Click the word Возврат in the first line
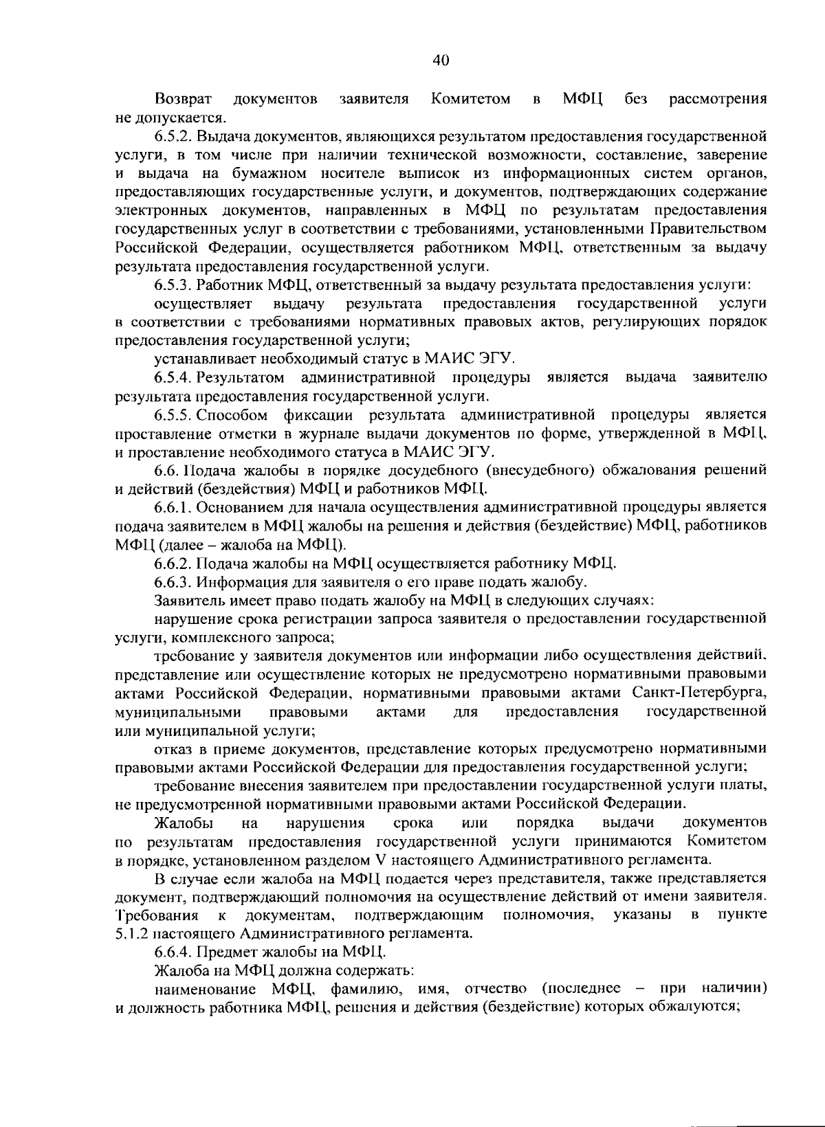(x=183, y=99)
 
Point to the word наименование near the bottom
(x=206, y=990)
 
